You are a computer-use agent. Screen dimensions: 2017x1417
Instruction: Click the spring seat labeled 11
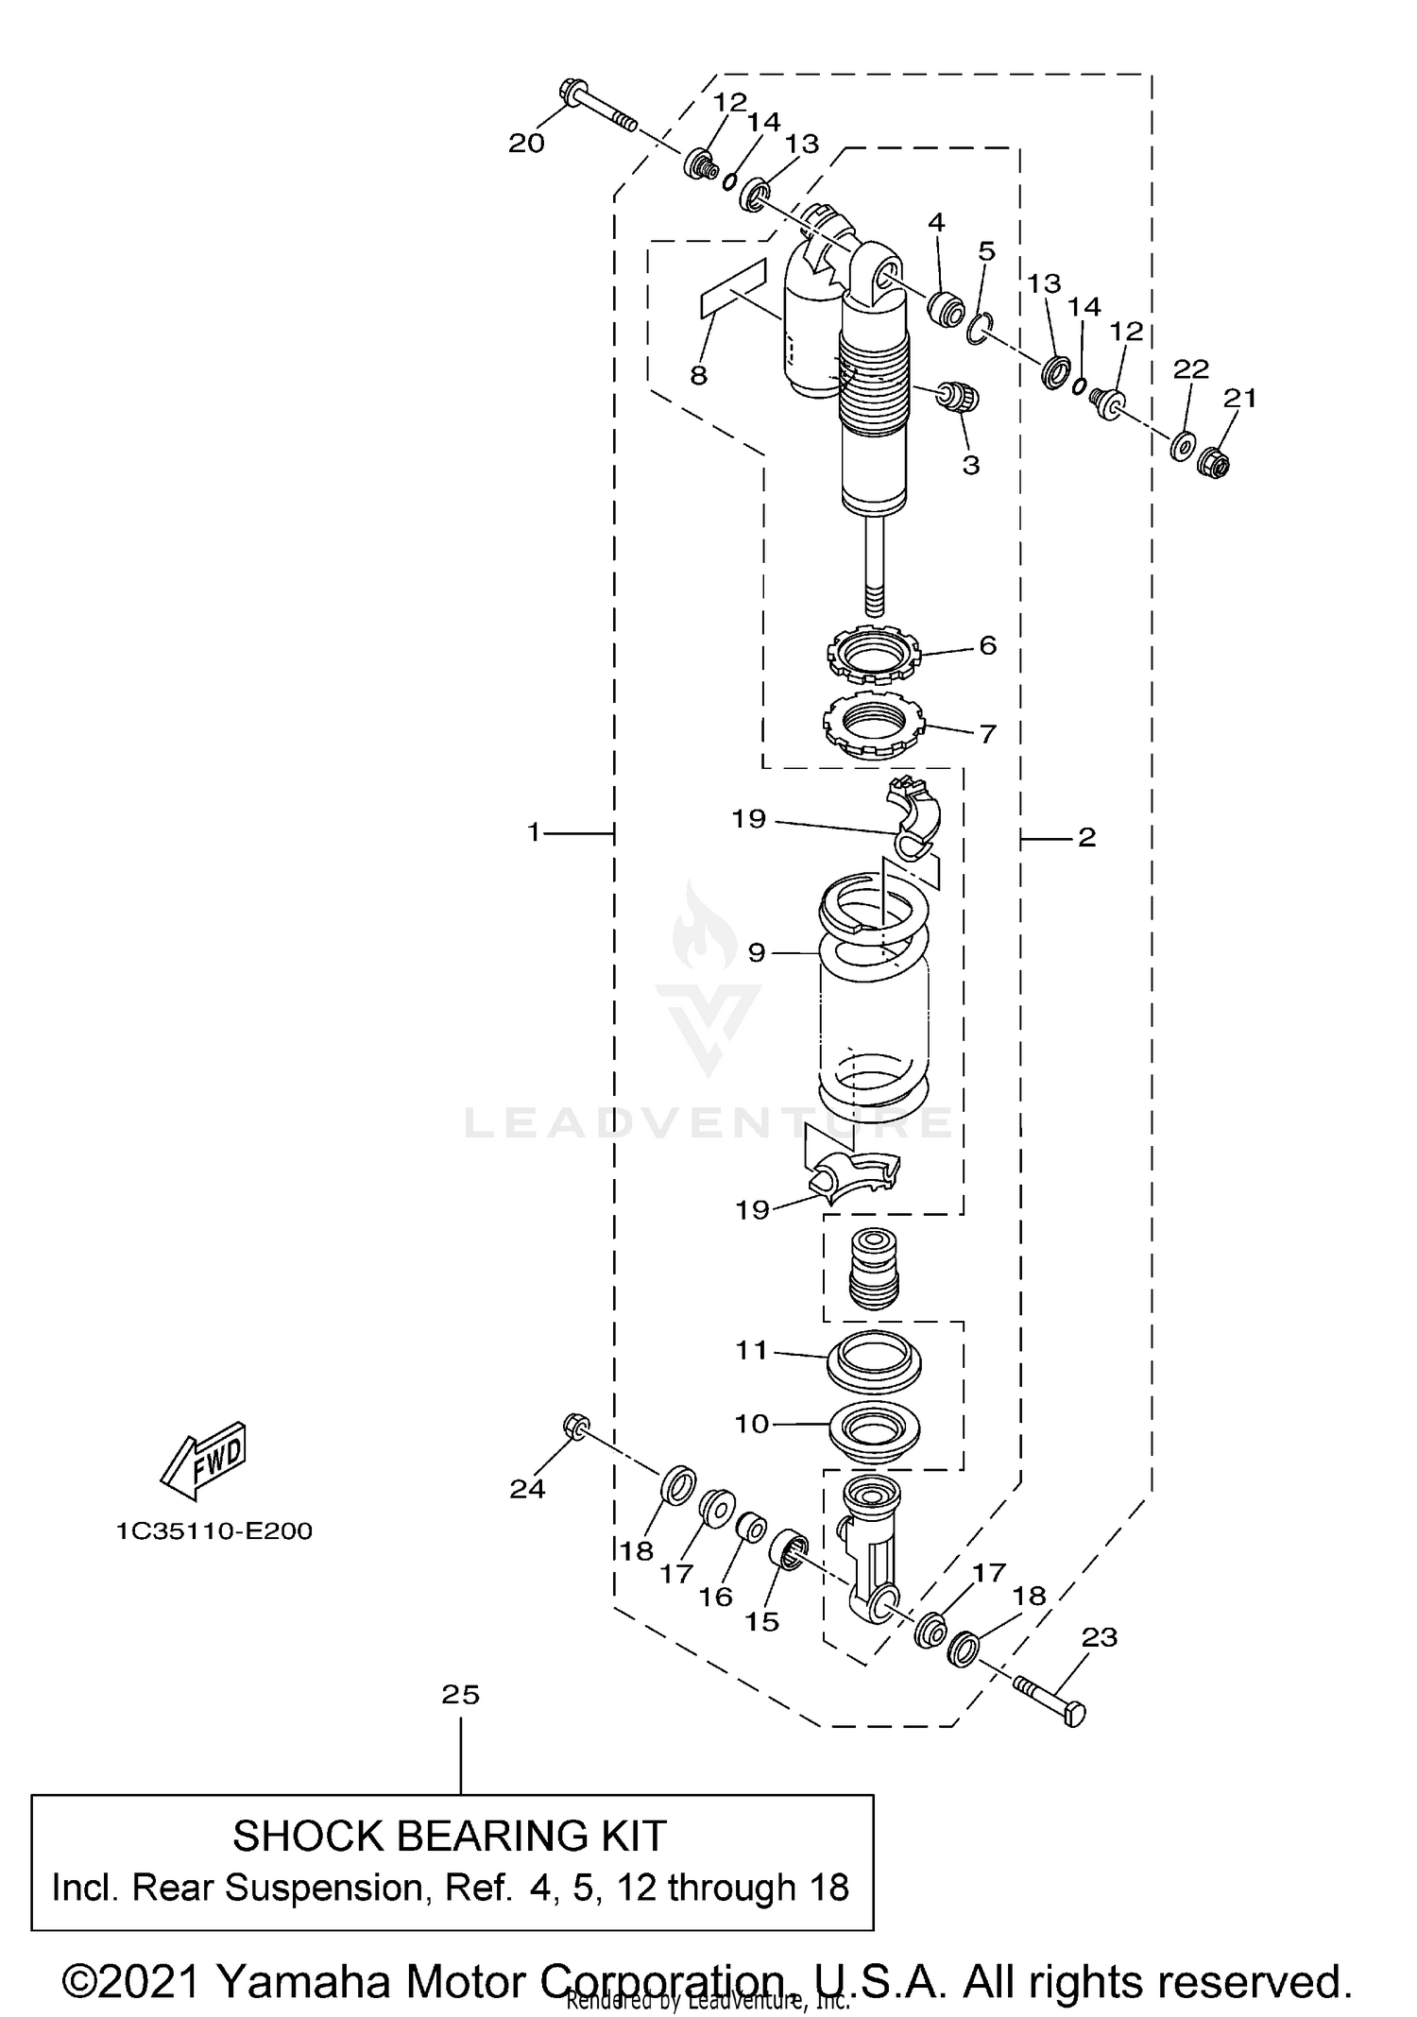874,1359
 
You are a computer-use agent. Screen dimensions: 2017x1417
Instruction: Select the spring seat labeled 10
874,1429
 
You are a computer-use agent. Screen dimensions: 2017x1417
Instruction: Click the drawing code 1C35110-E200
214,1530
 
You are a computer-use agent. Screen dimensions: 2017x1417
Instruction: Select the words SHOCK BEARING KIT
450,1836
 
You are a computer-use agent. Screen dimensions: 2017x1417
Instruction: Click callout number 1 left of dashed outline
534,832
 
